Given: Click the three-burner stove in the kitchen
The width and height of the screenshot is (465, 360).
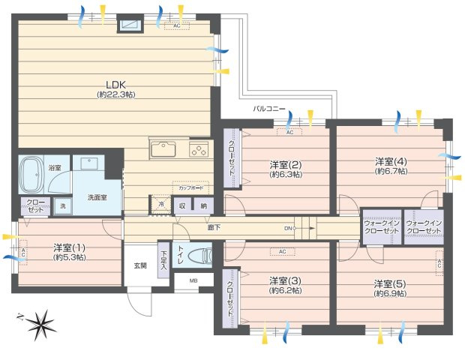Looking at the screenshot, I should click(x=199, y=150).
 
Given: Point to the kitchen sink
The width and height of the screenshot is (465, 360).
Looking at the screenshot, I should click(x=163, y=150).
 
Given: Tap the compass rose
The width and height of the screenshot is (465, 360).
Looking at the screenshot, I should click(x=37, y=324).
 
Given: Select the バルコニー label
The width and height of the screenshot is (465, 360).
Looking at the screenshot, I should click(x=268, y=109).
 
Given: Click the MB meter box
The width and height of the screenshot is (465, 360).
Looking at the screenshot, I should click(x=193, y=282).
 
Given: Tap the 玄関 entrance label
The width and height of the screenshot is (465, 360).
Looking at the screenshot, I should click(x=140, y=265).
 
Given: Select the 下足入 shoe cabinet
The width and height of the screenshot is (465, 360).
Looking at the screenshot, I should click(x=163, y=260).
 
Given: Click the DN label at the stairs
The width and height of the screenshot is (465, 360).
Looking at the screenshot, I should click(x=287, y=228).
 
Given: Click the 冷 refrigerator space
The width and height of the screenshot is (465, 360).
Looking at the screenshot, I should click(x=160, y=204).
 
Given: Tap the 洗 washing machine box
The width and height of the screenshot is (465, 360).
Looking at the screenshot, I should click(x=62, y=205).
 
